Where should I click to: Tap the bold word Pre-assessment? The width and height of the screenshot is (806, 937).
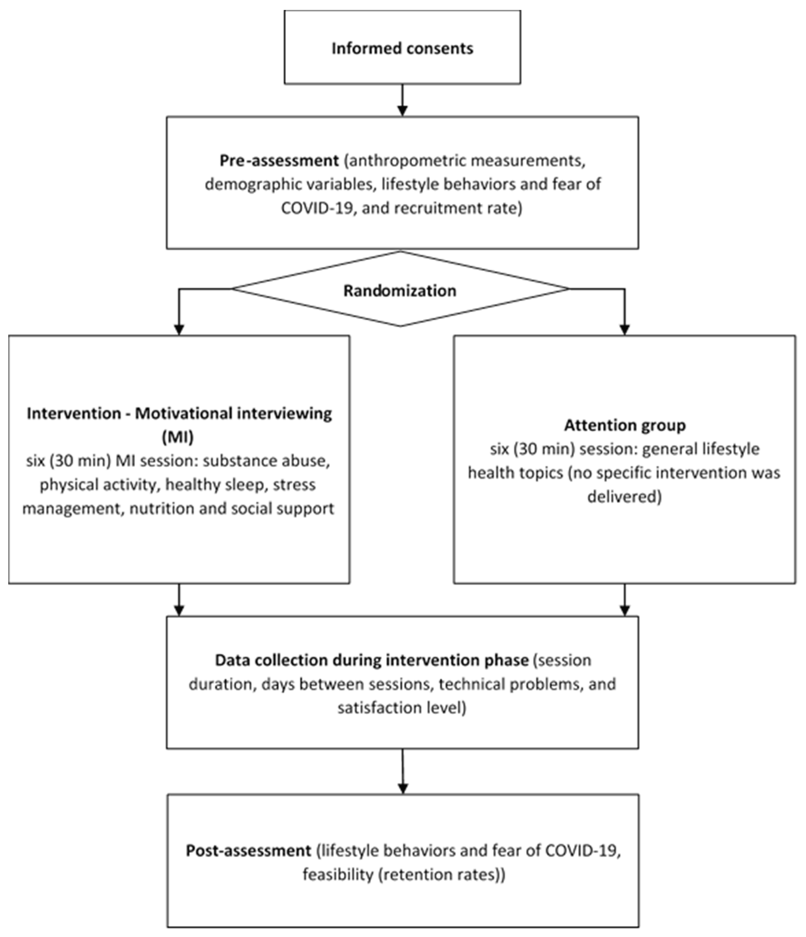coord(279,160)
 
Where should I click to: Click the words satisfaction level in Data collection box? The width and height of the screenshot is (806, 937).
coord(401,707)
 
